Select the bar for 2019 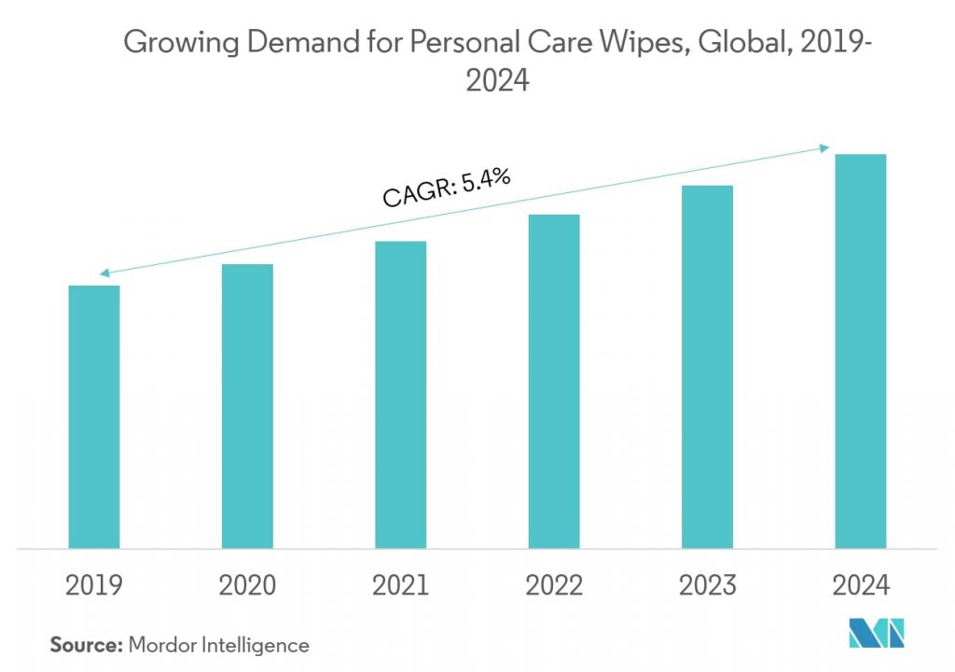[x=94, y=416]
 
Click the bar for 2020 [x=247, y=406]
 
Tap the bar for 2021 [x=400, y=394]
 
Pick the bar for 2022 [x=554, y=381]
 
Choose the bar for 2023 [x=707, y=366]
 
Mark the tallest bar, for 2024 [x=860, y=351]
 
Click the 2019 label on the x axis [x=94, y=585]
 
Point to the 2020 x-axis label [x=247, y=585]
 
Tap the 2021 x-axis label [x=400, y=585]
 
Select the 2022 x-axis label [x=554, y=585]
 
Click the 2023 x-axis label [x=707, y=585]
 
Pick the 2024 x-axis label [x=860, y=585]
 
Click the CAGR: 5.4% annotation [x=447, y=186]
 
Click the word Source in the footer [x=81, y=644]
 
